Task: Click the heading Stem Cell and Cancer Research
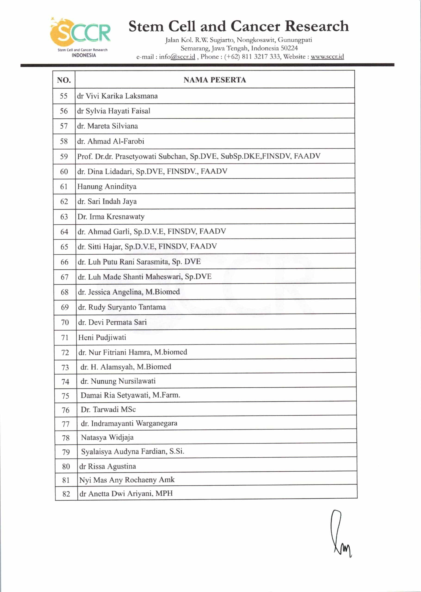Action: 238,26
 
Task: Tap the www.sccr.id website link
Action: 327,57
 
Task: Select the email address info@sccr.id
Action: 177,57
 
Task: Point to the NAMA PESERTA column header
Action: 215,80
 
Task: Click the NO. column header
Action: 64,80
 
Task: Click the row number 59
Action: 64,157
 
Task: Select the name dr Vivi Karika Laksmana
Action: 117,96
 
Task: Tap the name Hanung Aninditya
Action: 107,187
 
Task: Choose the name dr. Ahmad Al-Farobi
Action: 111,142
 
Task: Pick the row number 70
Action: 65,322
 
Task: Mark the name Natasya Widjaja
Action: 107,437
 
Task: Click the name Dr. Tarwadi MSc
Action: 108,409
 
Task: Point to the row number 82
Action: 66,494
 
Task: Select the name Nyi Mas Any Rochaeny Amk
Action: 127,480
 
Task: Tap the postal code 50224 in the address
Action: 289,48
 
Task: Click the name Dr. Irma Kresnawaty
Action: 111,217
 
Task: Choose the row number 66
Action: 65,262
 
